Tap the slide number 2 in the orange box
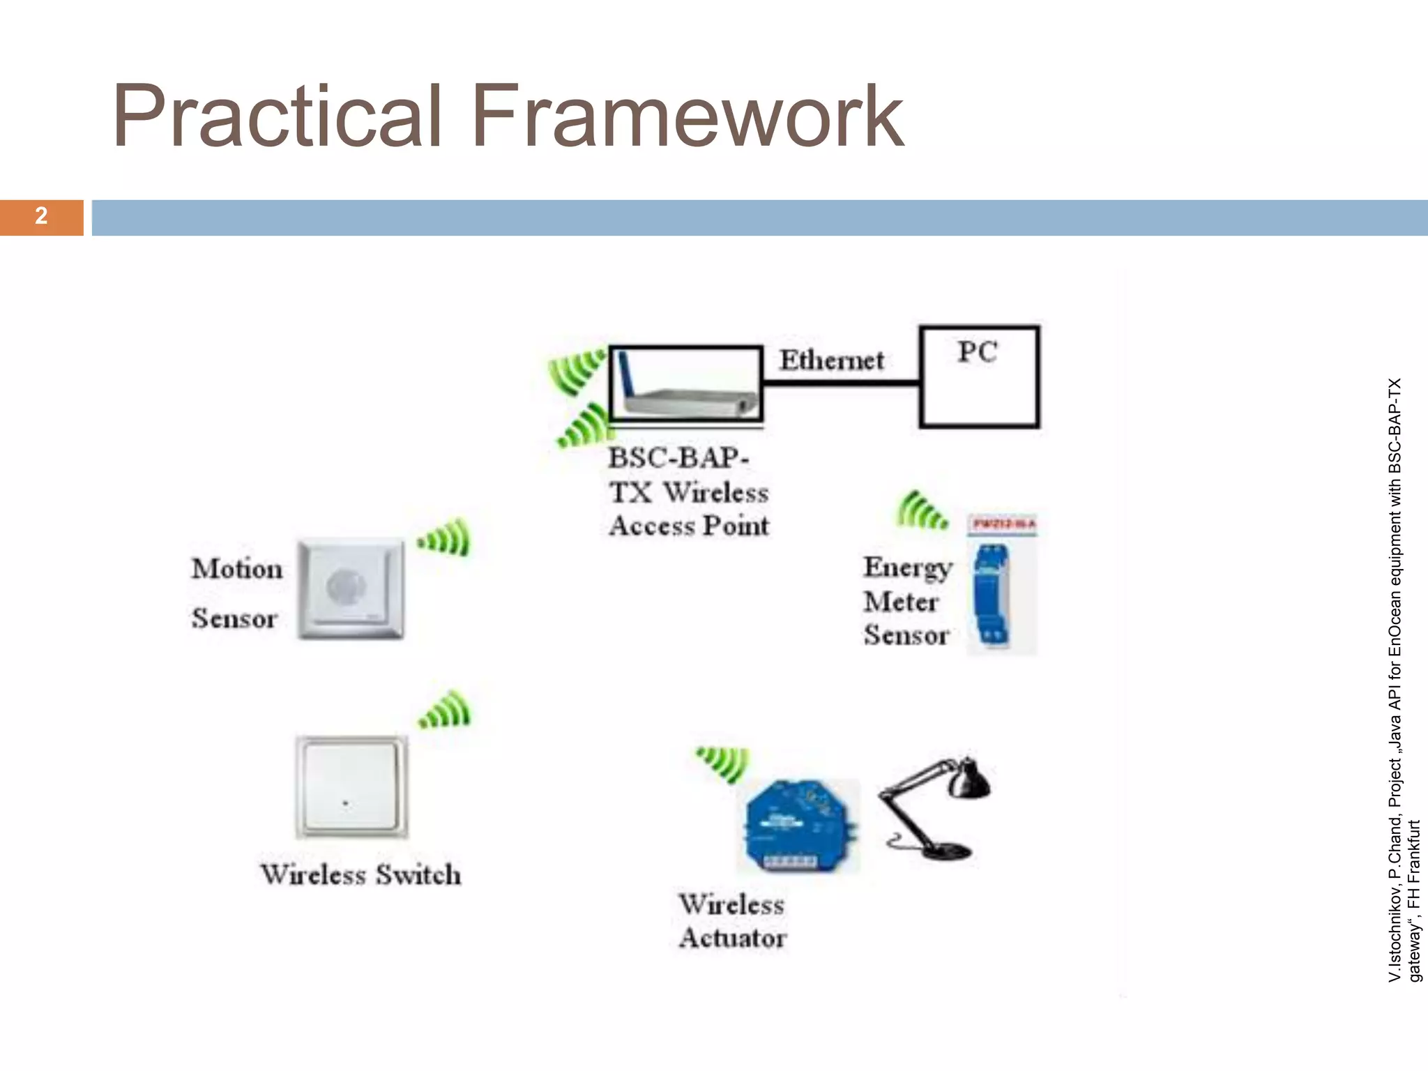41,216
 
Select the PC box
979,377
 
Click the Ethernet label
831,360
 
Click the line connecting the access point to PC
841,382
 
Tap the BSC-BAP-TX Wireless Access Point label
689,492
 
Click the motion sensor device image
351,588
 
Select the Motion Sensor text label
236,593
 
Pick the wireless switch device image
351,787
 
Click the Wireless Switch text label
360,874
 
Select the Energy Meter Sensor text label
906,601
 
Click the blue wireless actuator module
798,827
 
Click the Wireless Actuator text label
733,921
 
